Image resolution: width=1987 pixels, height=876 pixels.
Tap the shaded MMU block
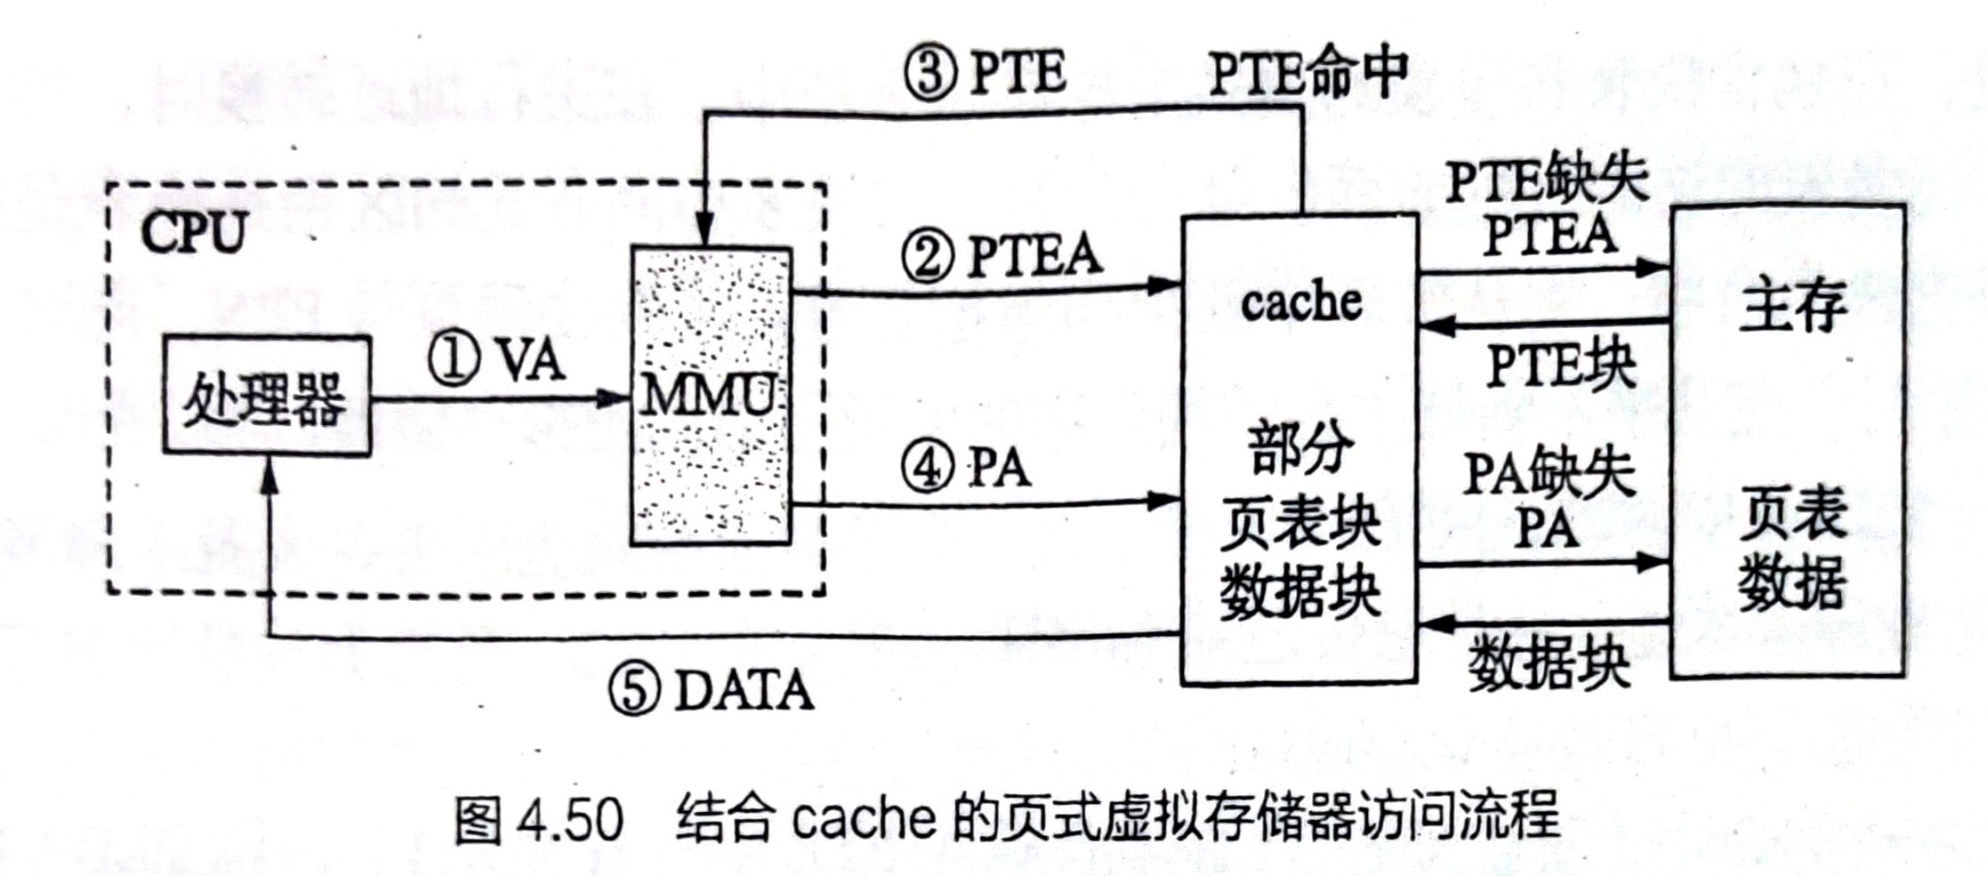(710, 396)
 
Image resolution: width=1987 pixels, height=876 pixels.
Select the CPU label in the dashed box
(193, 233)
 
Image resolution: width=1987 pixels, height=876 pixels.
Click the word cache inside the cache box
(1300, 302)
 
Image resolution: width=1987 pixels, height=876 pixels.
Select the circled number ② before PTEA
(928, 256)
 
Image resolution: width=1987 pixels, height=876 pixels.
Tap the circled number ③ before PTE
(930, 72)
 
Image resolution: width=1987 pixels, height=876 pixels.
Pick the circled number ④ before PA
(928, 467)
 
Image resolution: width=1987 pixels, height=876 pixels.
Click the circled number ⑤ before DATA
(635, 689)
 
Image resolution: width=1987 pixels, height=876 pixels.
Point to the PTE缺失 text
(1547, 179)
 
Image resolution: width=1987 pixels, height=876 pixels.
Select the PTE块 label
(1561, 366)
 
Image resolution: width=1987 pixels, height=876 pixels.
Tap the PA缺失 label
(1549, 472)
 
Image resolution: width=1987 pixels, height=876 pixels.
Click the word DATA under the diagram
(744, 690)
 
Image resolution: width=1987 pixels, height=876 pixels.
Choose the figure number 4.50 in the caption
(569, 819)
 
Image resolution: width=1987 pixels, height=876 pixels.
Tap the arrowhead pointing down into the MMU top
(704, 231)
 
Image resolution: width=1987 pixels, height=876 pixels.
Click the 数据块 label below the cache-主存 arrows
(1549, 663)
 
